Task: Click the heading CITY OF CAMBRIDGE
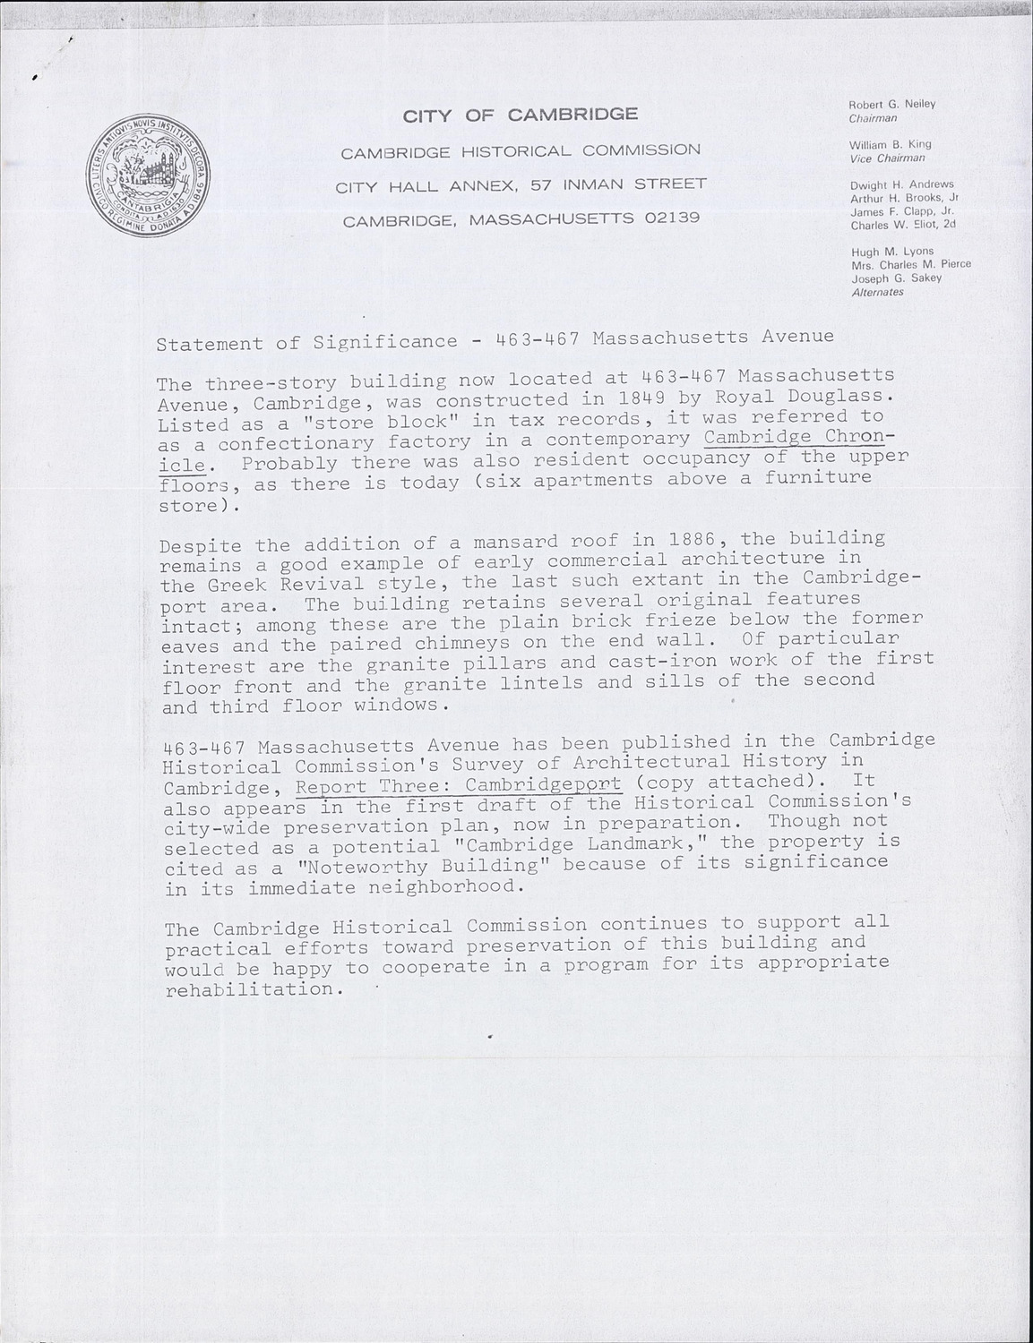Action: (x=521, y=115)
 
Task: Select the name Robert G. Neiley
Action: (x=891, y=104)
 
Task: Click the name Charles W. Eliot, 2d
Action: (x=903, y=225)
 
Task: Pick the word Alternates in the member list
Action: (x=877, y=292)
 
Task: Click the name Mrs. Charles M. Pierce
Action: (x=910, y=265)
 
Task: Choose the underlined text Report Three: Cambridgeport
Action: (x=458, y=785)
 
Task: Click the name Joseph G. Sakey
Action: (x=896, y=278)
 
